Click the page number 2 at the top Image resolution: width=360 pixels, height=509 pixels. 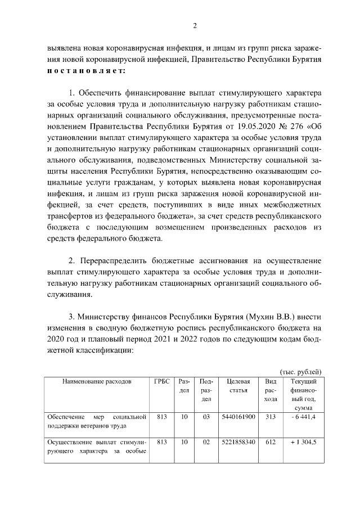point(195,25)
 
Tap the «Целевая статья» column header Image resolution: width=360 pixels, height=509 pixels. point(238,386)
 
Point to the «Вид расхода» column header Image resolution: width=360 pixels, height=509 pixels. point(271,390)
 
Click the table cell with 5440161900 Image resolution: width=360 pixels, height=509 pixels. point(238,417)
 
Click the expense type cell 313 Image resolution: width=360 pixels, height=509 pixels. point(271,417)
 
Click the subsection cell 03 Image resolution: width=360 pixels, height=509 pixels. point(206,417)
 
